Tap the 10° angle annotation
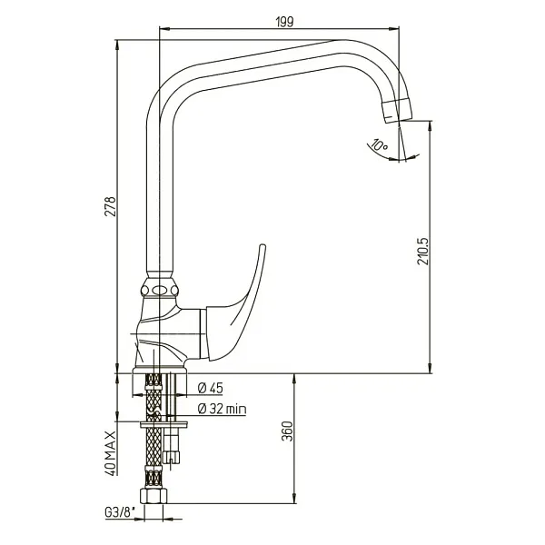pos(378,145)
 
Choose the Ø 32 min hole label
pos(221,409)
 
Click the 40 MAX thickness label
pos(109,451)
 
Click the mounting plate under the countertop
pos(163,422)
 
